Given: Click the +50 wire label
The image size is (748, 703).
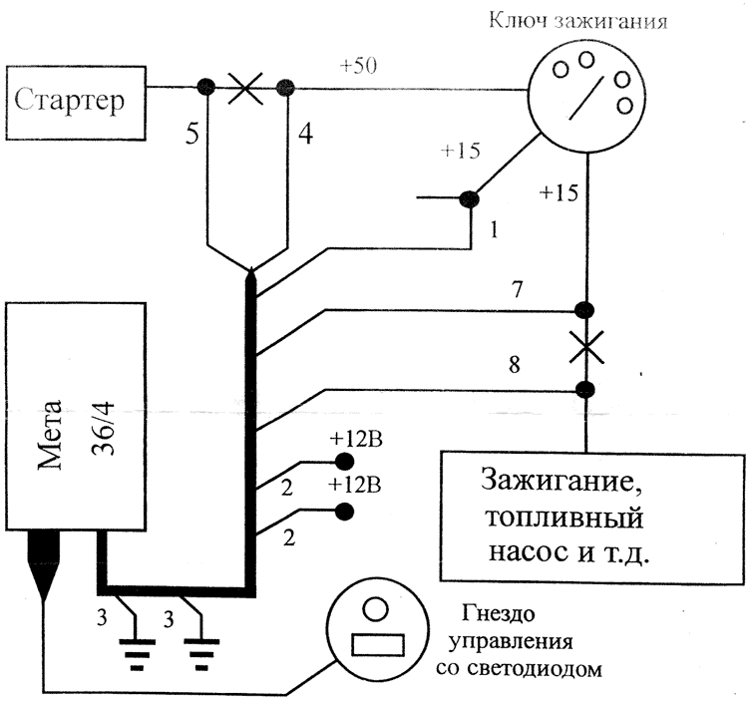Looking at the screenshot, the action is (358, 66).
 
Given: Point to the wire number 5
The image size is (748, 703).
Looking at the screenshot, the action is (192, 135).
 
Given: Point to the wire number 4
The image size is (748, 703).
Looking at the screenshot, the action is (306, 134).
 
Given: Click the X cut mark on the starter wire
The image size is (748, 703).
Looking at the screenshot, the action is (245, 88).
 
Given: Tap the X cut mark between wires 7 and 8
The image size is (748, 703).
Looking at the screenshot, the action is (586, 347).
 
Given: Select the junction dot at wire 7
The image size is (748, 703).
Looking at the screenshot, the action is (584, 310).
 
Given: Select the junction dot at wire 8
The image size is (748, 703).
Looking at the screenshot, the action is (584, 390).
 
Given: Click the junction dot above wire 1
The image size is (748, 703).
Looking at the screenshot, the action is (469, 197).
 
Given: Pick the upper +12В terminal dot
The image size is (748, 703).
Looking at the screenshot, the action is (344, 462).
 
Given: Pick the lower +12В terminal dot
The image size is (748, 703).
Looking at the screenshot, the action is (344, 512).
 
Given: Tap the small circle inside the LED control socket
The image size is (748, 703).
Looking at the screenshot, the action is (375, 609).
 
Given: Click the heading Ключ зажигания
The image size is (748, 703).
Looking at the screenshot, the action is (578, 21).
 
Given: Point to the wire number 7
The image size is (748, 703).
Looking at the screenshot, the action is (518, 289).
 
